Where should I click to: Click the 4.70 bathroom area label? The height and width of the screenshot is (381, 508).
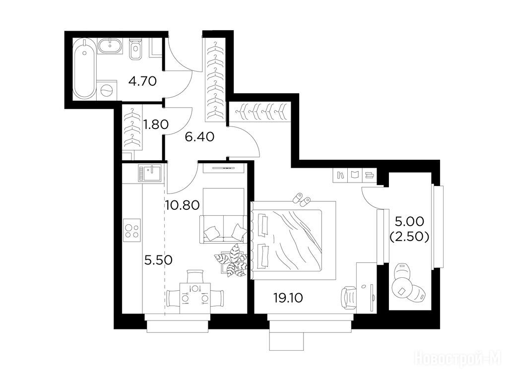142,81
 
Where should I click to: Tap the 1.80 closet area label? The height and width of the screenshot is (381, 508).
156,124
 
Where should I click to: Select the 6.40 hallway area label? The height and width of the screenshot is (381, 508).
199,136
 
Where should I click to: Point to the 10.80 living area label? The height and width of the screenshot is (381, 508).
182,205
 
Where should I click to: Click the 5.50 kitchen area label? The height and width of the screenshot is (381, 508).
158,260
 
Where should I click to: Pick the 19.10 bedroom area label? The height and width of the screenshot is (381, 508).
288,298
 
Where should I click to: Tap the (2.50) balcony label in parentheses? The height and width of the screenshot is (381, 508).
409,237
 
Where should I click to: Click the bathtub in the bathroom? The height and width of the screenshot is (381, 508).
85,68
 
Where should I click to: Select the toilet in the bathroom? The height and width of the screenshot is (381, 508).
135,50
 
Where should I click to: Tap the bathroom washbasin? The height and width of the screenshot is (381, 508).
111,46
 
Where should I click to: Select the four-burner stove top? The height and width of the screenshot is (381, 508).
132,230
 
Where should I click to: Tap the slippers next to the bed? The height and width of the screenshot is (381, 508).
301,198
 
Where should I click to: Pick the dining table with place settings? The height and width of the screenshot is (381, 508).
195,298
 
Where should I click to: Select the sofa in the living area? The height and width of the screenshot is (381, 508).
223,229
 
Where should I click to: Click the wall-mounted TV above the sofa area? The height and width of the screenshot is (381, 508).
223,168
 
